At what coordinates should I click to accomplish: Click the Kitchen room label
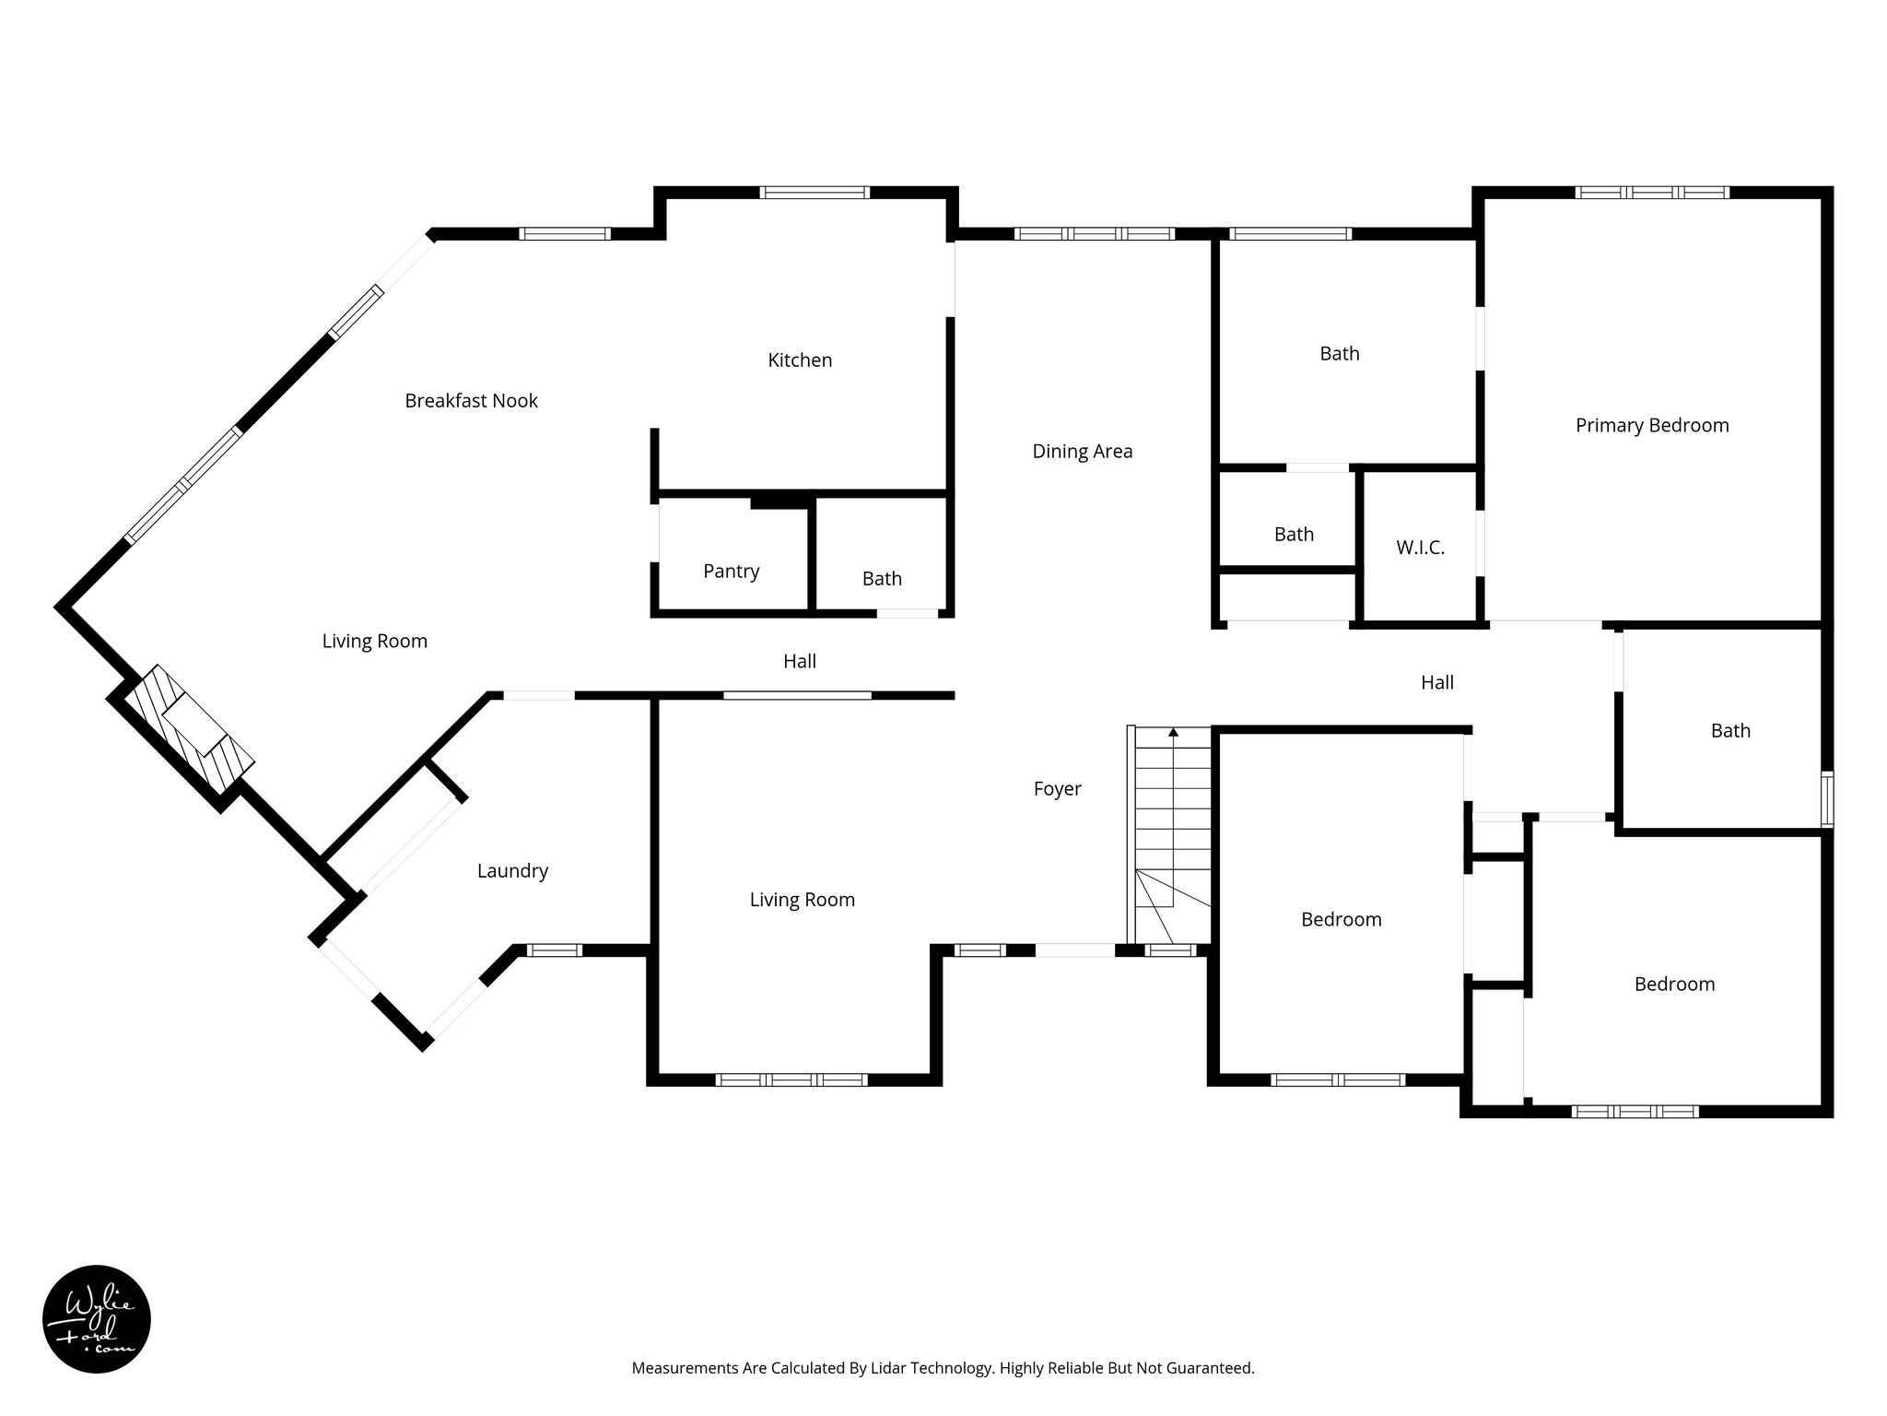click(x=800, y=360)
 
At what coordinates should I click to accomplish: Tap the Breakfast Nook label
click(x=471, y=401)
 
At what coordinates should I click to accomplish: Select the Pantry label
click(x=731, y=572)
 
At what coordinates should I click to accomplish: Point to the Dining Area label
click(x=1082, y=452)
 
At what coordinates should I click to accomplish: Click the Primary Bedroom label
click(x=1651, y=426)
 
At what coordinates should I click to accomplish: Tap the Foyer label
click(x=1057, y=789)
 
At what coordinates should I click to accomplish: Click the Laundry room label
click(x=512, y=871)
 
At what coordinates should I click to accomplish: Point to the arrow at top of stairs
click(x=1173, y=733)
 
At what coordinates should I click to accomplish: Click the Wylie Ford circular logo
click(x=97, y=1319)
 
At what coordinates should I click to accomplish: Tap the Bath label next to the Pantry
click(x=882, y=579)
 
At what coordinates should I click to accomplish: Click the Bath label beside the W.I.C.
click(x=1294, y=535)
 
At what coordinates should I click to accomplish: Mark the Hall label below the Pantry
click(x=799, y=661)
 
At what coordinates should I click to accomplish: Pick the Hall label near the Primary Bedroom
click(x=1436, y=683)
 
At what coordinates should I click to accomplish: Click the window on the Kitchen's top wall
click(x=815, y=193)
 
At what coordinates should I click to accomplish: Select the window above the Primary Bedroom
click(x=1651, y=193)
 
